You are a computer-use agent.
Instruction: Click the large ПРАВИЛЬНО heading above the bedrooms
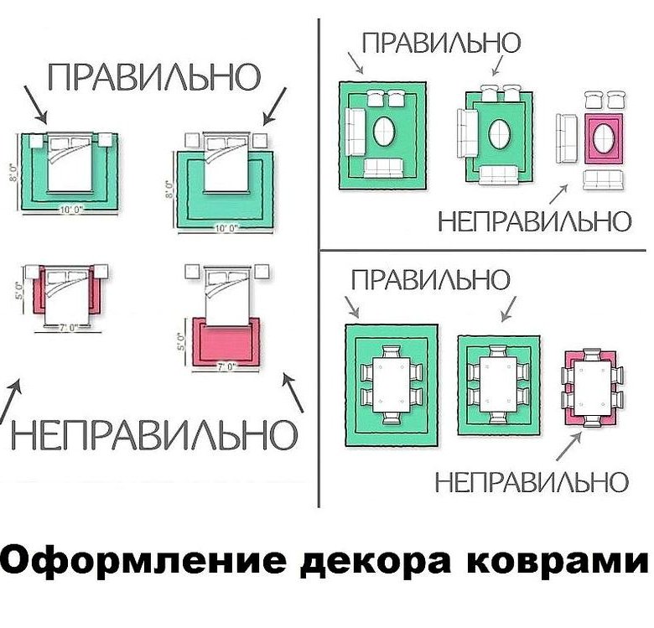[x=153, y=76]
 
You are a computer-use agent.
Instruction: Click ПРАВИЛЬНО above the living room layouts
[x=440, y=42]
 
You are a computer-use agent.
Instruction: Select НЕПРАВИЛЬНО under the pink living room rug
[x=533, y=221]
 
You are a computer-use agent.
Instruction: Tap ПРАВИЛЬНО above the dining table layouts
[x=429, y=280]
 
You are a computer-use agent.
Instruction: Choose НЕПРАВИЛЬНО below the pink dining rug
[x=531, y=482]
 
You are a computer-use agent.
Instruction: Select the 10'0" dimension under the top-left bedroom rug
[x=69, y=210]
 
